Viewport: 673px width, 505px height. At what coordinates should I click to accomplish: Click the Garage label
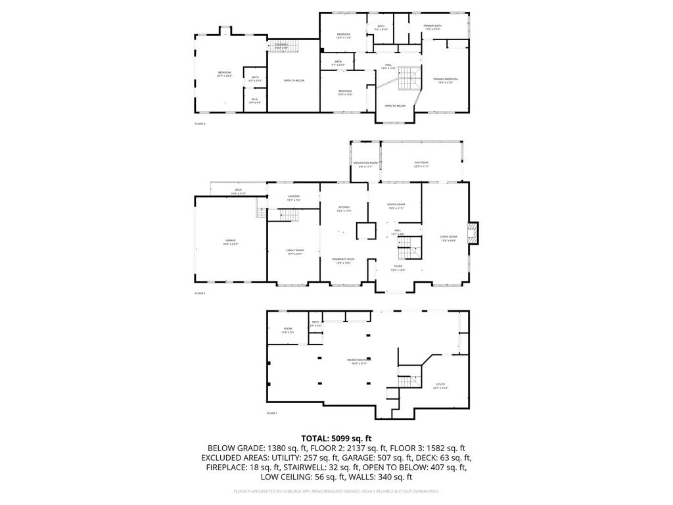231,241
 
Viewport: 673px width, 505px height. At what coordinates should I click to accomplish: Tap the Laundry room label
294,197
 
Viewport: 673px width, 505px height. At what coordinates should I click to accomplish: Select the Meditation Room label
365,162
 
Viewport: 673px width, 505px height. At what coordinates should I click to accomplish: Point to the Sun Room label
421,162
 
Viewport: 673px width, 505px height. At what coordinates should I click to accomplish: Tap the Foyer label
398,266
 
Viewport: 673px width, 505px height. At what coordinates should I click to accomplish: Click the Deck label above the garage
238,190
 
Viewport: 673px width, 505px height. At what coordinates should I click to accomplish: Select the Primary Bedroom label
446,79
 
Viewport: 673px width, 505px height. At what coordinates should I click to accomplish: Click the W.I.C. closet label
255,99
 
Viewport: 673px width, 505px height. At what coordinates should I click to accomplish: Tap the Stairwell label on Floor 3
281,45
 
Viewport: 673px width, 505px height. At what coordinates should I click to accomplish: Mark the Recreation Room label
359,360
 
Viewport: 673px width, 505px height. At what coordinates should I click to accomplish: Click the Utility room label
440,385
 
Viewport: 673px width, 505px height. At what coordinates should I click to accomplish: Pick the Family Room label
294,251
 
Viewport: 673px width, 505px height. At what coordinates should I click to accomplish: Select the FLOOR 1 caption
272,413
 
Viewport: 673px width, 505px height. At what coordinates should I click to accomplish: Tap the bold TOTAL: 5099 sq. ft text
336,438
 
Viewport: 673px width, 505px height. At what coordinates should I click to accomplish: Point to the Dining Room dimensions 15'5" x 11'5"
396,208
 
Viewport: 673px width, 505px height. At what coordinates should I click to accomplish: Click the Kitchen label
344,206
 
